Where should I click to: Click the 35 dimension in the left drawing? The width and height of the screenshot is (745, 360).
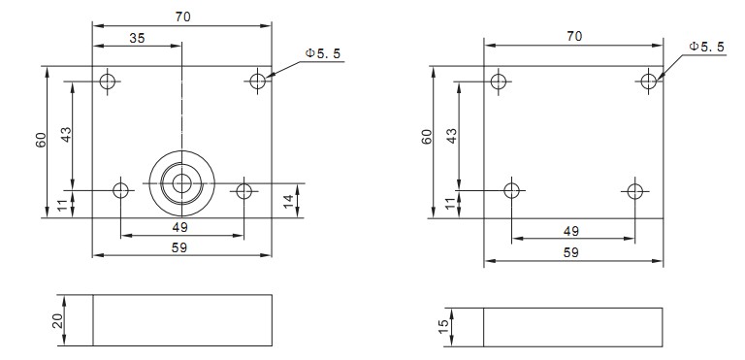[x=137, y=38]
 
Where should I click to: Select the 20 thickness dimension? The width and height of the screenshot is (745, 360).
[x=58, y=321]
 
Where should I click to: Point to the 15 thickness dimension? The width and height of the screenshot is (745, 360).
[x=442, y=327]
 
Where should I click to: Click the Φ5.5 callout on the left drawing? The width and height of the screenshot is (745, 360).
[x=323, y=53]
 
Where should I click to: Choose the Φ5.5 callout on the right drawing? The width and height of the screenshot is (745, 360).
[x=706, y=47]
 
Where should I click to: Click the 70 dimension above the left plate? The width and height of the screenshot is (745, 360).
[x=182, y=16]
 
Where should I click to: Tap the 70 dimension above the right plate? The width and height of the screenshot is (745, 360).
[x=574, y=36]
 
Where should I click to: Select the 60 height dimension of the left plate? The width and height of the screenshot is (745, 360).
[x=41, y=140]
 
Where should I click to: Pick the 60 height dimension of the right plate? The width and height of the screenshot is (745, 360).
[x=427, y=137]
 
